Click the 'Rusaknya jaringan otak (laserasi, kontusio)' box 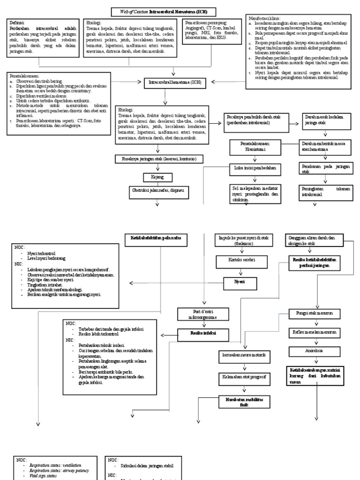coord(159,159)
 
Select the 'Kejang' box coord(159,177)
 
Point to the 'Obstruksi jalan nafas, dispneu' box coord(159,191)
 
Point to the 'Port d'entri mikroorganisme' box coord(202,314)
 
